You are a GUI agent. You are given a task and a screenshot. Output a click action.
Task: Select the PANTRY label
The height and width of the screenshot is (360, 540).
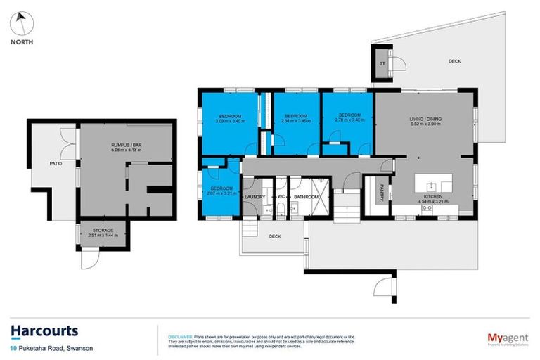pos(381,193)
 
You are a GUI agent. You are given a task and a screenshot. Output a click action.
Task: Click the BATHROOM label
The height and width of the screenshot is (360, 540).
pos(307,197)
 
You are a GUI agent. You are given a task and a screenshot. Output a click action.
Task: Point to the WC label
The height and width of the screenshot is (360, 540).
pos(281,197)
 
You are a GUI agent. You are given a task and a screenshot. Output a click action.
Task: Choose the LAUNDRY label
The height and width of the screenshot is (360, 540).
pos(255,197)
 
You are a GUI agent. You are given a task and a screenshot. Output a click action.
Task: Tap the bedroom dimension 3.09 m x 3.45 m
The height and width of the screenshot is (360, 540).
pos(230,122)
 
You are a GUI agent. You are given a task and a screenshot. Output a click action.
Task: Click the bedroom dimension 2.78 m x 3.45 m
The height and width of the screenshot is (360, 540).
pos(349,120)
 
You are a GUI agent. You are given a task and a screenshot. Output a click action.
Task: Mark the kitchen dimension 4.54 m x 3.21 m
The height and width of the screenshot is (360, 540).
pos(432,202)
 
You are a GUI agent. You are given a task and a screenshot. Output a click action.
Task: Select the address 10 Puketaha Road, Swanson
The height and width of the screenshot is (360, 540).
pos(51,348)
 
